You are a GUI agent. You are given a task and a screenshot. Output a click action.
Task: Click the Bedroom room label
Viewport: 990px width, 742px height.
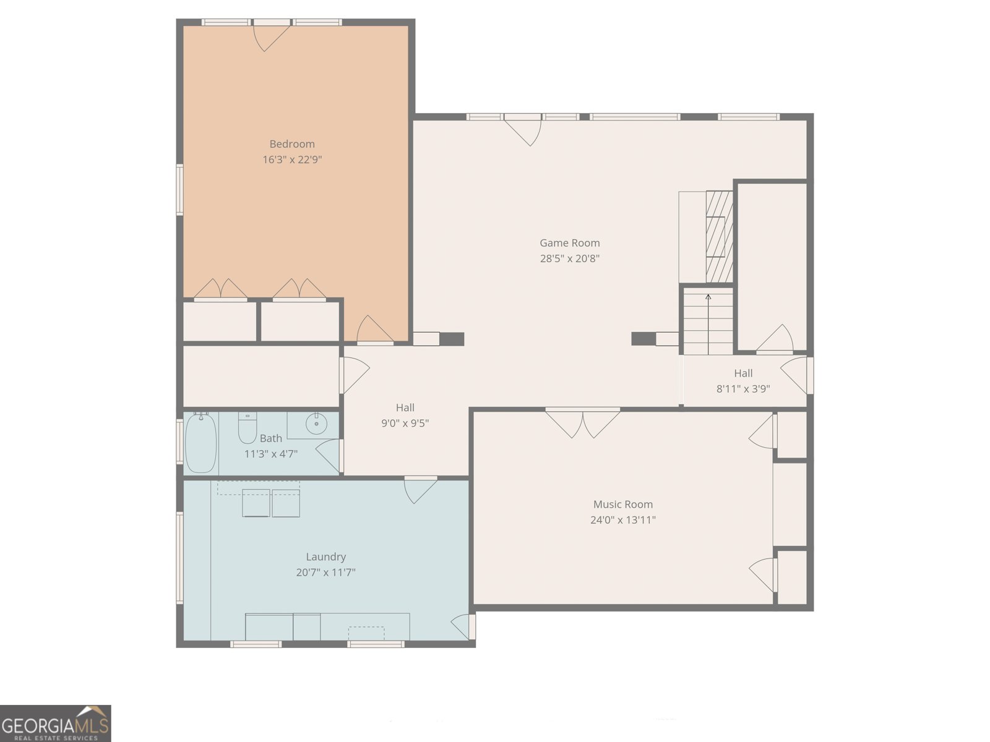pos(292,144)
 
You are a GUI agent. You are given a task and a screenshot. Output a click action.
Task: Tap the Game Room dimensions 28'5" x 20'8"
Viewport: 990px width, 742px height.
pos(569,258)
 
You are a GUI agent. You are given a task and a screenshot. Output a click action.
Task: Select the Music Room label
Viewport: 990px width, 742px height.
pos(622,505)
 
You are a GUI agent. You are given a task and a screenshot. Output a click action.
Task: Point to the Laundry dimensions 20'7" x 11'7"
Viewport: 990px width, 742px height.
pos(325,573)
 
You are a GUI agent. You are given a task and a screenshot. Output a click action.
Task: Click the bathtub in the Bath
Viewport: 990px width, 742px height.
pos(200,443)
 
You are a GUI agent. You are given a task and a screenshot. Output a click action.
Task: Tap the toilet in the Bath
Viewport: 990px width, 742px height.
pos(247,427)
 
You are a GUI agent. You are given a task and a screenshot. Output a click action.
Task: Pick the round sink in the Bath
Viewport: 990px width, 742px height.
pos(316,424)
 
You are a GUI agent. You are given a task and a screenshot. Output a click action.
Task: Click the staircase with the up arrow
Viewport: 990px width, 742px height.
pos(708,323)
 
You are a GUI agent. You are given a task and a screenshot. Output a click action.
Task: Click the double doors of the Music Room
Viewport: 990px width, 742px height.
pos(582,423)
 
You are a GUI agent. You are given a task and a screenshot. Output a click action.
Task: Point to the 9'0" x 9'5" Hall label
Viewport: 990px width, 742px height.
pos(405,416)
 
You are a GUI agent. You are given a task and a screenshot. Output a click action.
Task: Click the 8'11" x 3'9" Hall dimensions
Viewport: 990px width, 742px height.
pos(743,389)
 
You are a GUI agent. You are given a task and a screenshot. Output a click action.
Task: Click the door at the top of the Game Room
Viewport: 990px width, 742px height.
pos(523,130)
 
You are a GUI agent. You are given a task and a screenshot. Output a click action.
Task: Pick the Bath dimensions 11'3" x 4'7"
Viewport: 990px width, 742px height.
pos(271,454)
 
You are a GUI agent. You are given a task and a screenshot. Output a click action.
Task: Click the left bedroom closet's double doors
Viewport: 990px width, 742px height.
pos(220,289)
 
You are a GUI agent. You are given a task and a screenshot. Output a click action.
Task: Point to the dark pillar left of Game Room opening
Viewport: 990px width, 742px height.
pos(452,339)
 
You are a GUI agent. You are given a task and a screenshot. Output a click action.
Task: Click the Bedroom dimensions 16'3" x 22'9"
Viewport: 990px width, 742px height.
pos(292,160)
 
